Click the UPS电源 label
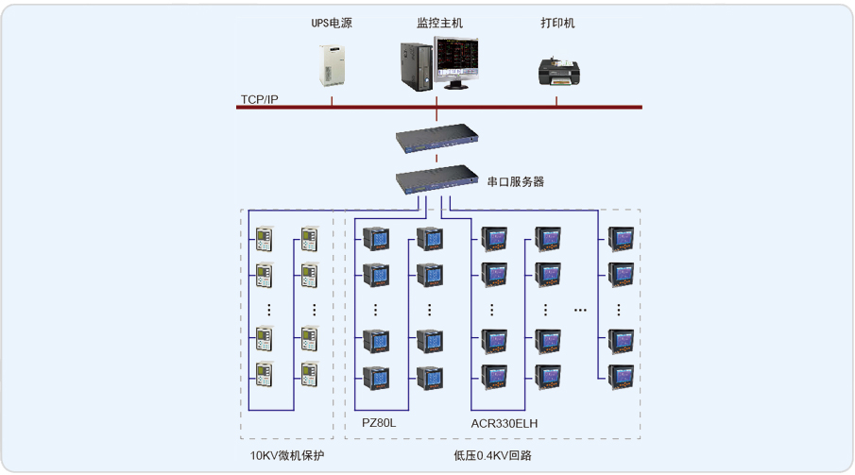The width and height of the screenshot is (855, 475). tap(332, 24)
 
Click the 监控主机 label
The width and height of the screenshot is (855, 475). tap(439, 24)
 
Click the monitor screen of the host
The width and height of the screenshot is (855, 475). tap(457, 61)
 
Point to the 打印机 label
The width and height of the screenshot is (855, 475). tap(557, 24)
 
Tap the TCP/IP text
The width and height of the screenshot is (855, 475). tap(259, 99)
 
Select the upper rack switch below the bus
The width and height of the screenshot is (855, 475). tap(436, 140)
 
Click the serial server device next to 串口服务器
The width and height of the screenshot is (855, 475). tap(436, 178)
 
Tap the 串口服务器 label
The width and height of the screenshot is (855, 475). tap(515, 181)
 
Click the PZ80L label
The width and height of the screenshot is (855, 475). tap(379, 423)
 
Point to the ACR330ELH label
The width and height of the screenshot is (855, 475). tap(504, 423)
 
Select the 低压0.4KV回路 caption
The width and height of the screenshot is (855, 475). tap(492, 455)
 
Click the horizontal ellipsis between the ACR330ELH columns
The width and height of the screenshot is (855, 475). tap(581, 308)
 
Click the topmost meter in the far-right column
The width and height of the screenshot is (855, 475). tap(620, 238)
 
